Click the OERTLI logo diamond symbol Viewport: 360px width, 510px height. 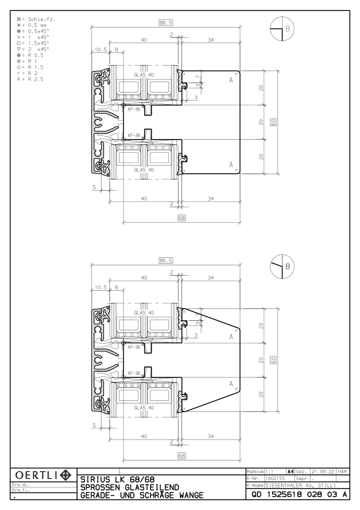click(66, 475)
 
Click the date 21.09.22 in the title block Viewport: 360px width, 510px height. click(322, 471)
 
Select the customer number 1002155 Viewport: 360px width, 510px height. click(275, 478)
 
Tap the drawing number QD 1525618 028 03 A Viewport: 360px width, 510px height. click(299, 494)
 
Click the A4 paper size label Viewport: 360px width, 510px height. click(290, 471)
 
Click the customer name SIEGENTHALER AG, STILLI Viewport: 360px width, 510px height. click(300, 485)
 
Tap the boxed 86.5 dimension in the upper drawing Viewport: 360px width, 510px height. click(165, 23)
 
